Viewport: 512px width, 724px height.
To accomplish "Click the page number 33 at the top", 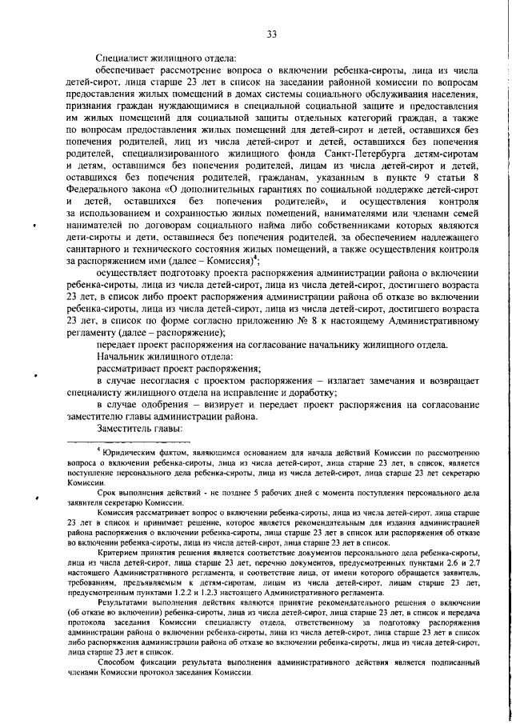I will (x=271, y=34).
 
